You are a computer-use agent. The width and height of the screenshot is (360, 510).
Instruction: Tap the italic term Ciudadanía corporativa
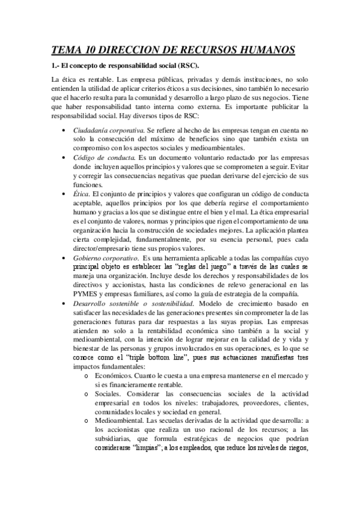coord(108,130)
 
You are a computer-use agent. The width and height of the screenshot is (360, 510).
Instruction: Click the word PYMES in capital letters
coord(86,294)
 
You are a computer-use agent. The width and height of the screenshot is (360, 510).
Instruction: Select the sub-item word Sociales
coord(109,393)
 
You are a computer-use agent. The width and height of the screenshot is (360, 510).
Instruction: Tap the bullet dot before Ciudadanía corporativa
coord(65,130)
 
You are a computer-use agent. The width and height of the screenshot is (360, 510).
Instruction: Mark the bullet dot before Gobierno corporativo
coord(65,257)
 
